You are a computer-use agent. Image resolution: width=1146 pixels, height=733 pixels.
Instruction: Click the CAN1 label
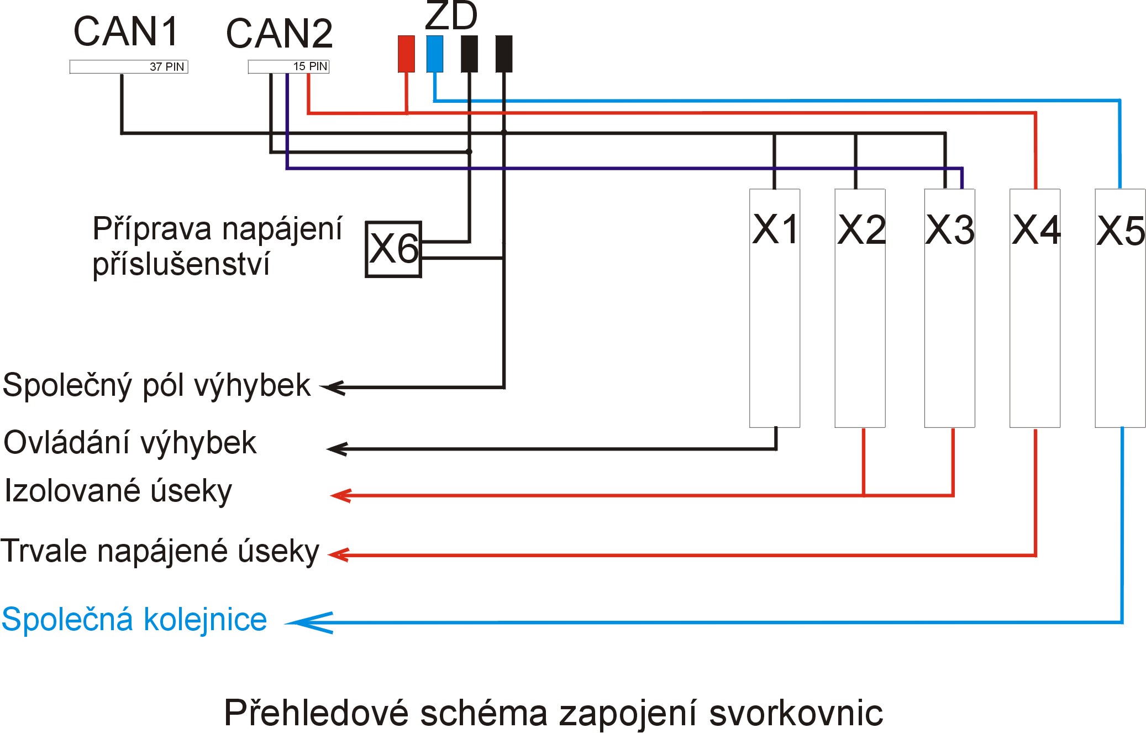pos(126,32)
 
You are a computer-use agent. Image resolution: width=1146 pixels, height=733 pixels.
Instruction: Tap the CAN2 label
pos(279,34)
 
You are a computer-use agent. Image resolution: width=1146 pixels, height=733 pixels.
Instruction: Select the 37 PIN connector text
pos(167,67)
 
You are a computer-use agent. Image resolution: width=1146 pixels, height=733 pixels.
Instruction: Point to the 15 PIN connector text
pos(310,66)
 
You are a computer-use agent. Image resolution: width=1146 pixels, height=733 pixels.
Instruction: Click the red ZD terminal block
pos(406,54)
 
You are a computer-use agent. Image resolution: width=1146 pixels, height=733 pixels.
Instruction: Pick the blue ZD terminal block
pos(435,54)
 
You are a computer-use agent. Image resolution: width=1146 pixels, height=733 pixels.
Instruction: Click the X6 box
pos(393,249)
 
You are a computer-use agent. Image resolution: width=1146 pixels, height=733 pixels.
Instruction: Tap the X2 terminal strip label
pos(861,229)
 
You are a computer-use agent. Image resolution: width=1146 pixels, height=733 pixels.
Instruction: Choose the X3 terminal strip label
pos(950,229)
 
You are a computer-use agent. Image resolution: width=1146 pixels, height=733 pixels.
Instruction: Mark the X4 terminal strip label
pos(1035,229)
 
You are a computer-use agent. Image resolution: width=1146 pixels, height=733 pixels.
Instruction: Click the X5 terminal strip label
pos(1121,231)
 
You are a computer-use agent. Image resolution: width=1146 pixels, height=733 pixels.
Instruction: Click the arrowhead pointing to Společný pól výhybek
pos(334,388)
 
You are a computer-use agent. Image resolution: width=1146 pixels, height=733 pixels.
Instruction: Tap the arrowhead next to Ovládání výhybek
pos(337,449)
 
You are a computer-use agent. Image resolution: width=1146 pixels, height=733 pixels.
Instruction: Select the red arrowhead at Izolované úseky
pos(340,495)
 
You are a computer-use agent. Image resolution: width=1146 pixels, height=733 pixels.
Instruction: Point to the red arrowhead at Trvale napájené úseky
pos(338,554)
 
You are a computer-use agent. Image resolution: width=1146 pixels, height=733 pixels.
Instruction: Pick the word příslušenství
pos(181,264)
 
